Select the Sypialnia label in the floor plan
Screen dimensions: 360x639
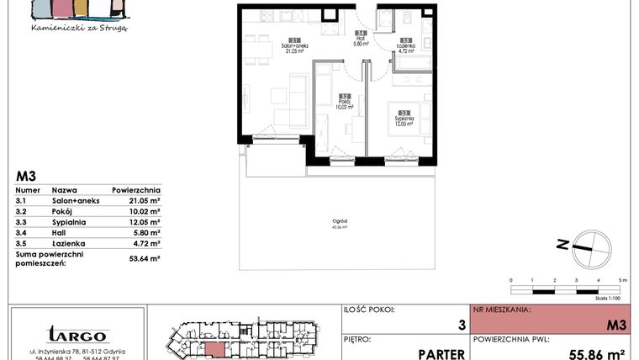pyautogui.click(x=404, y=119)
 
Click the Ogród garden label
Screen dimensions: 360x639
pyautogui.click(x=341, y=220)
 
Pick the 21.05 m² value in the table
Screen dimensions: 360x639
pyautogui.click(x=143, y=202)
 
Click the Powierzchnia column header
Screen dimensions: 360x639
pyautogui.click(x=135, y=191)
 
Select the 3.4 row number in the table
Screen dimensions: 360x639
pyautogui.click(x=23, y=232)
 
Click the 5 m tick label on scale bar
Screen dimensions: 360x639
pyautogui.click(x=622, y=279)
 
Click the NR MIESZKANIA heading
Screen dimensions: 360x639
pyautogui.click(x=503, y=310)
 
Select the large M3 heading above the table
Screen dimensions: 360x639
pyautogui.click(x=26, y=177)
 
